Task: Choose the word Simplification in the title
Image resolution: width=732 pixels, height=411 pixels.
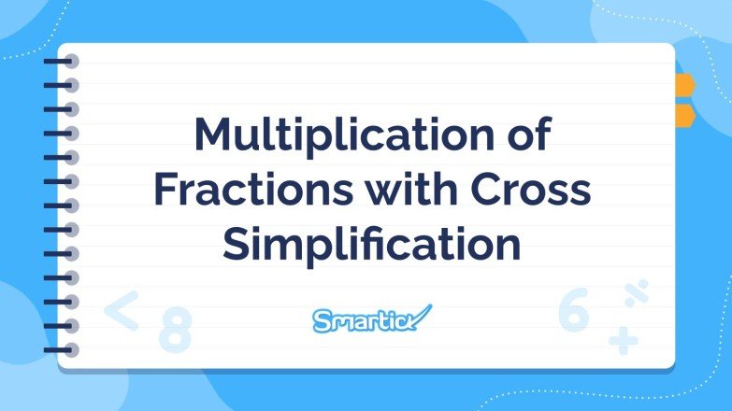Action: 371,245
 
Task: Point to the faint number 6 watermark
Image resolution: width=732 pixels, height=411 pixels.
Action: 573,312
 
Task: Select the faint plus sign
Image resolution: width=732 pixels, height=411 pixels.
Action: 623,340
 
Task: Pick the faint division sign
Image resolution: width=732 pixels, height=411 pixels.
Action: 638,294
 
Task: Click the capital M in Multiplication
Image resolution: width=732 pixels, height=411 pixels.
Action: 213,136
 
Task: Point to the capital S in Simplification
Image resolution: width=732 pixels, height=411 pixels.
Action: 237,245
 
